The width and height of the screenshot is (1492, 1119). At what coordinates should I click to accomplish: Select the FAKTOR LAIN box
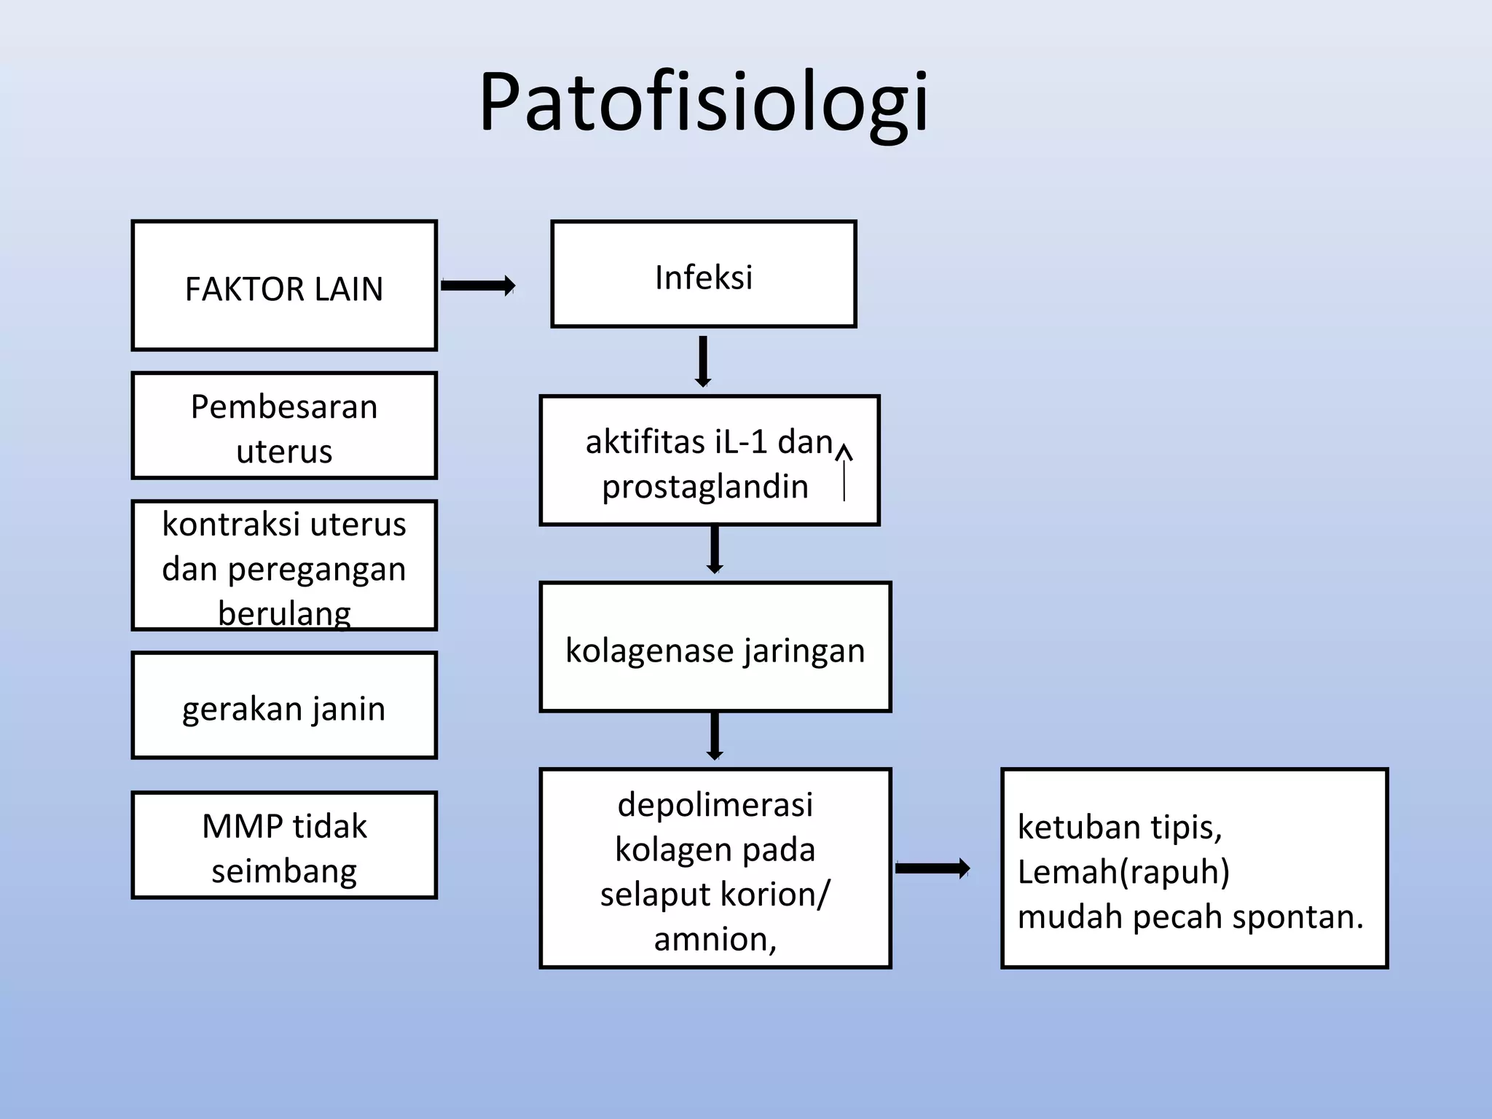point(284,286)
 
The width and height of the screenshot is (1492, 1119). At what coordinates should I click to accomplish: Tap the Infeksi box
point(703,275)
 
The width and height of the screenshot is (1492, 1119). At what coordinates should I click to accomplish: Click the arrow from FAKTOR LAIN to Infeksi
point(478,286)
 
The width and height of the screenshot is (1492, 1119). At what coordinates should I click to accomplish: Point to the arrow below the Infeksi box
point(703,361)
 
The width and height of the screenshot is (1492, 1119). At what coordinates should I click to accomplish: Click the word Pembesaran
point(284,407)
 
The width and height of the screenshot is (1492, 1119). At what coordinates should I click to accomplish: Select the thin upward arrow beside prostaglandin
point(844,474)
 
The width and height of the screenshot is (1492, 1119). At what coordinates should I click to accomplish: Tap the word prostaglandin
point(705,487)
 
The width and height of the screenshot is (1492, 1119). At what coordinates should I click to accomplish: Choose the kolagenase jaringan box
point(715,647)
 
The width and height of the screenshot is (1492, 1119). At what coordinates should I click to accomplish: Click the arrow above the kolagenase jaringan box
point(715,549)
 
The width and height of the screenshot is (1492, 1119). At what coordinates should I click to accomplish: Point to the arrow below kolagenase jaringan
point(715,736)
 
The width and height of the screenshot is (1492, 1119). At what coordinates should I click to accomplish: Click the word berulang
point(284,613)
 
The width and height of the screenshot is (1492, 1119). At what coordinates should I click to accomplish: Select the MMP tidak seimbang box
point(284,845)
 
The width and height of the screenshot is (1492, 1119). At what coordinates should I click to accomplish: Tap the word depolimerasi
point(715,805)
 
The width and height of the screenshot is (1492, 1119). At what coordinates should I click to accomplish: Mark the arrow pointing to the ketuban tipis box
point(932,868)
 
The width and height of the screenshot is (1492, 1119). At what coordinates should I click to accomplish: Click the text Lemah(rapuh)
point(1123,871)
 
